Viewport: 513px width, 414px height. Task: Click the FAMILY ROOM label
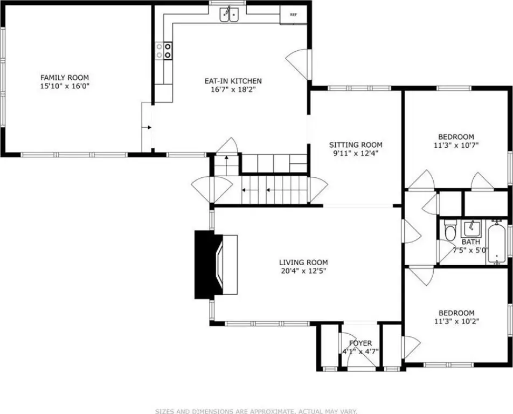click(65, 78)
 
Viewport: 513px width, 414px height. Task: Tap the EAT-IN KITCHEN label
click(233, 81)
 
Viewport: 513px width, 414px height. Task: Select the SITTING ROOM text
click(356, 144)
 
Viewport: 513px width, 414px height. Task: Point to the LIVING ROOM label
click(303, 262)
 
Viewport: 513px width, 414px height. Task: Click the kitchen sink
click(229, 14)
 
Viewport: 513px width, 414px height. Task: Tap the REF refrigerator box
click(294, 15)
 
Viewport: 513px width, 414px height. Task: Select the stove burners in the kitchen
click(164, 51)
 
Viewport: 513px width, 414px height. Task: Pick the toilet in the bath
click(450, 230)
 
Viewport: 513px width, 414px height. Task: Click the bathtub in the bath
click(497, 242)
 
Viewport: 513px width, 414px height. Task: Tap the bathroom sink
click(471, 229)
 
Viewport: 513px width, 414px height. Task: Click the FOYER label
click(360, 343)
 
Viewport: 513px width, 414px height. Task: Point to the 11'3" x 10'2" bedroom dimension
click(457, 321)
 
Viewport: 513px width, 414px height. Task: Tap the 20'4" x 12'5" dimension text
click(303, 271)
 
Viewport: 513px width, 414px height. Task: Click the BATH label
click(471, 242)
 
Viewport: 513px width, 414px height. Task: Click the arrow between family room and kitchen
click(148, 127)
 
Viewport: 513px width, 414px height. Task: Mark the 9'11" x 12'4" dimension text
click(356, 153)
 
